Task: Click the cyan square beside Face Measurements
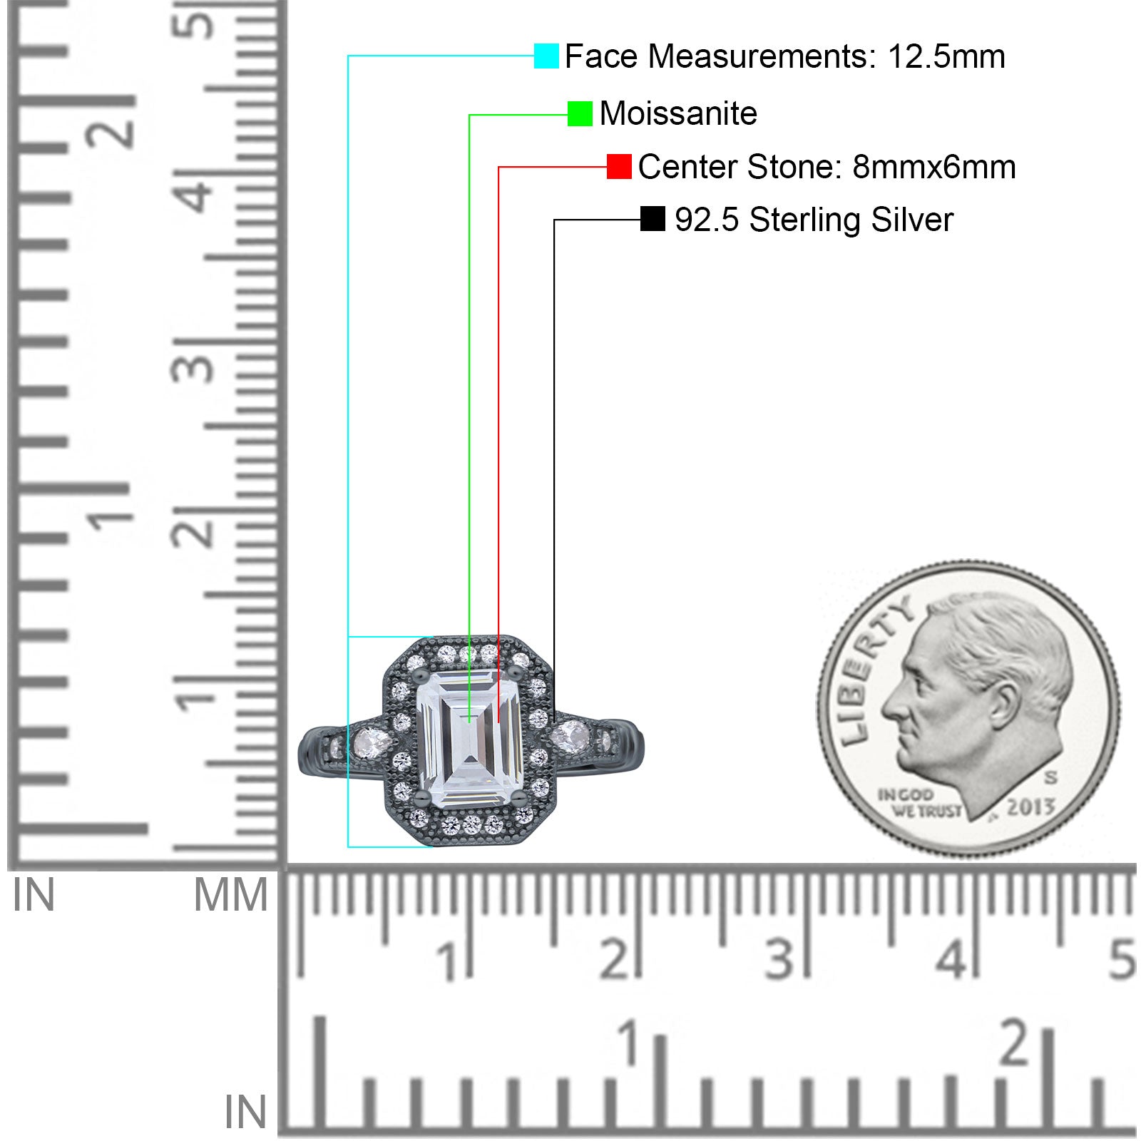coord(546,56)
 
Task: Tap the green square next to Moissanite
coord(580,113)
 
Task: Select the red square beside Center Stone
coord(619,166)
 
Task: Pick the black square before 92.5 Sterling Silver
coord(653,219)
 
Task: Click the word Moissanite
coord(678,113)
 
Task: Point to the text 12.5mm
coord(946,56)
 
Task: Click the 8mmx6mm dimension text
coord(934,167)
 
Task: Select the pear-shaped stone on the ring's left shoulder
coord(370,743)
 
